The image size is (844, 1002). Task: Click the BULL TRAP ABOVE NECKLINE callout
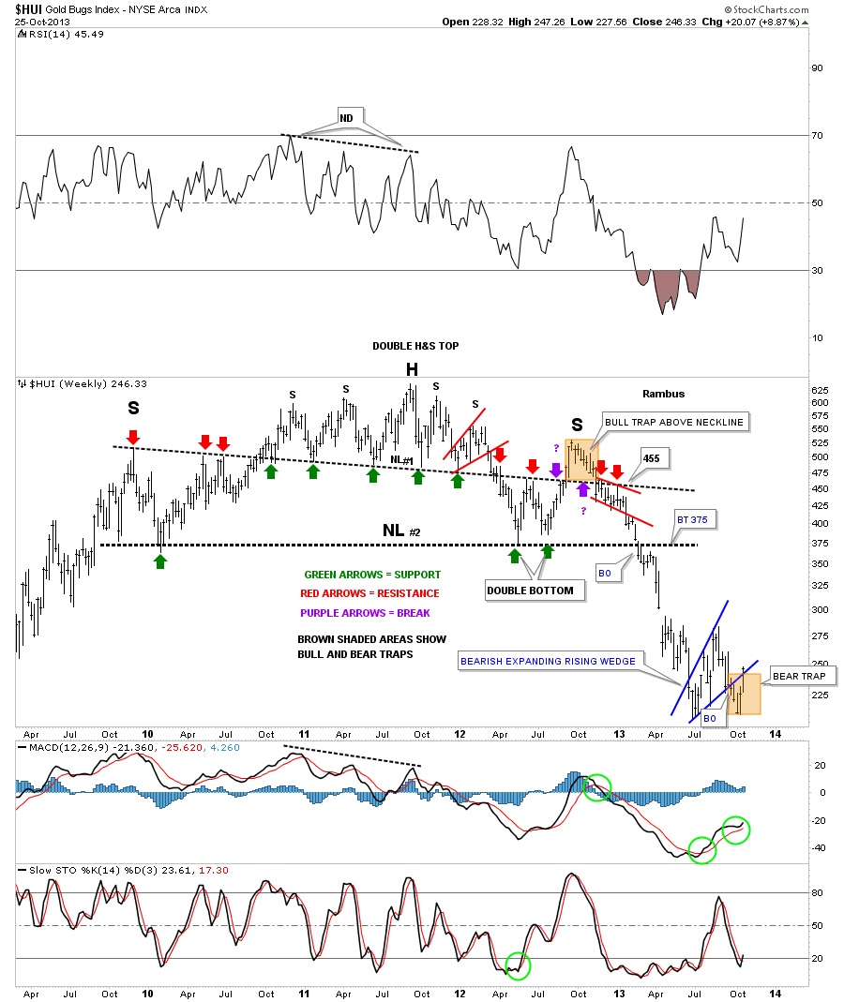[674, 422]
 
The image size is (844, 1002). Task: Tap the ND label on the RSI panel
[347, 119]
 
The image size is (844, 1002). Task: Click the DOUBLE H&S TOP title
[415, 346]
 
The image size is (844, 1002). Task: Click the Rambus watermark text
[663, 395]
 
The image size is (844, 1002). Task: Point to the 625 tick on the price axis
[818, 389]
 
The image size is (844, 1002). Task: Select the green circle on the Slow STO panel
[517, 965]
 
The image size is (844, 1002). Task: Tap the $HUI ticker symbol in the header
[35, 9]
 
